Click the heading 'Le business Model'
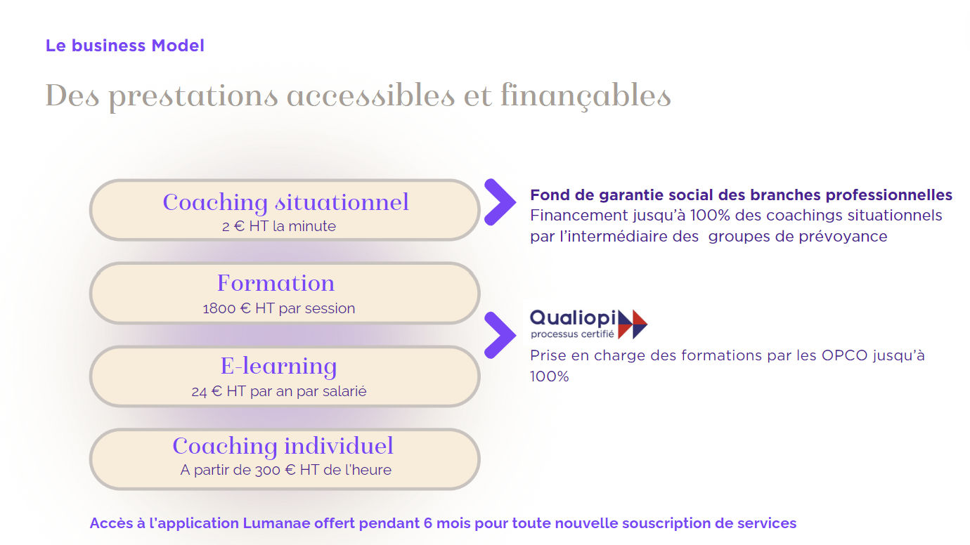tap(124, 46)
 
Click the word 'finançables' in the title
tap(586, 97)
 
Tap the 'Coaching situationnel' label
tap(286, 202)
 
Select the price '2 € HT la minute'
tap(279, 226)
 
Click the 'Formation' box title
tap(276, 283)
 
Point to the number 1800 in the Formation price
tap(219, 308)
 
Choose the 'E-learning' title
tap(278, 367)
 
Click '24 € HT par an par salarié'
tap(279, 391)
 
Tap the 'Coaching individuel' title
tap(283, 446)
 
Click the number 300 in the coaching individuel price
tap(267, 470)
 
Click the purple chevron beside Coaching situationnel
tap(500, 202)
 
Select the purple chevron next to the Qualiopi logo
tap(500, 335)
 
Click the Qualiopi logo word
tap(573, 318)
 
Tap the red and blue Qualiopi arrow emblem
tap(633, 324)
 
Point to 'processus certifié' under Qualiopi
tap(572, 334)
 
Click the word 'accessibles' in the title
tap(370, 96)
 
